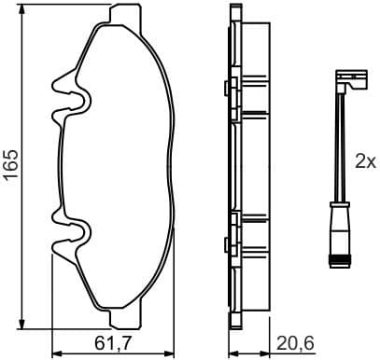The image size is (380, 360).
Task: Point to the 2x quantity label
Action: coord(364,160)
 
